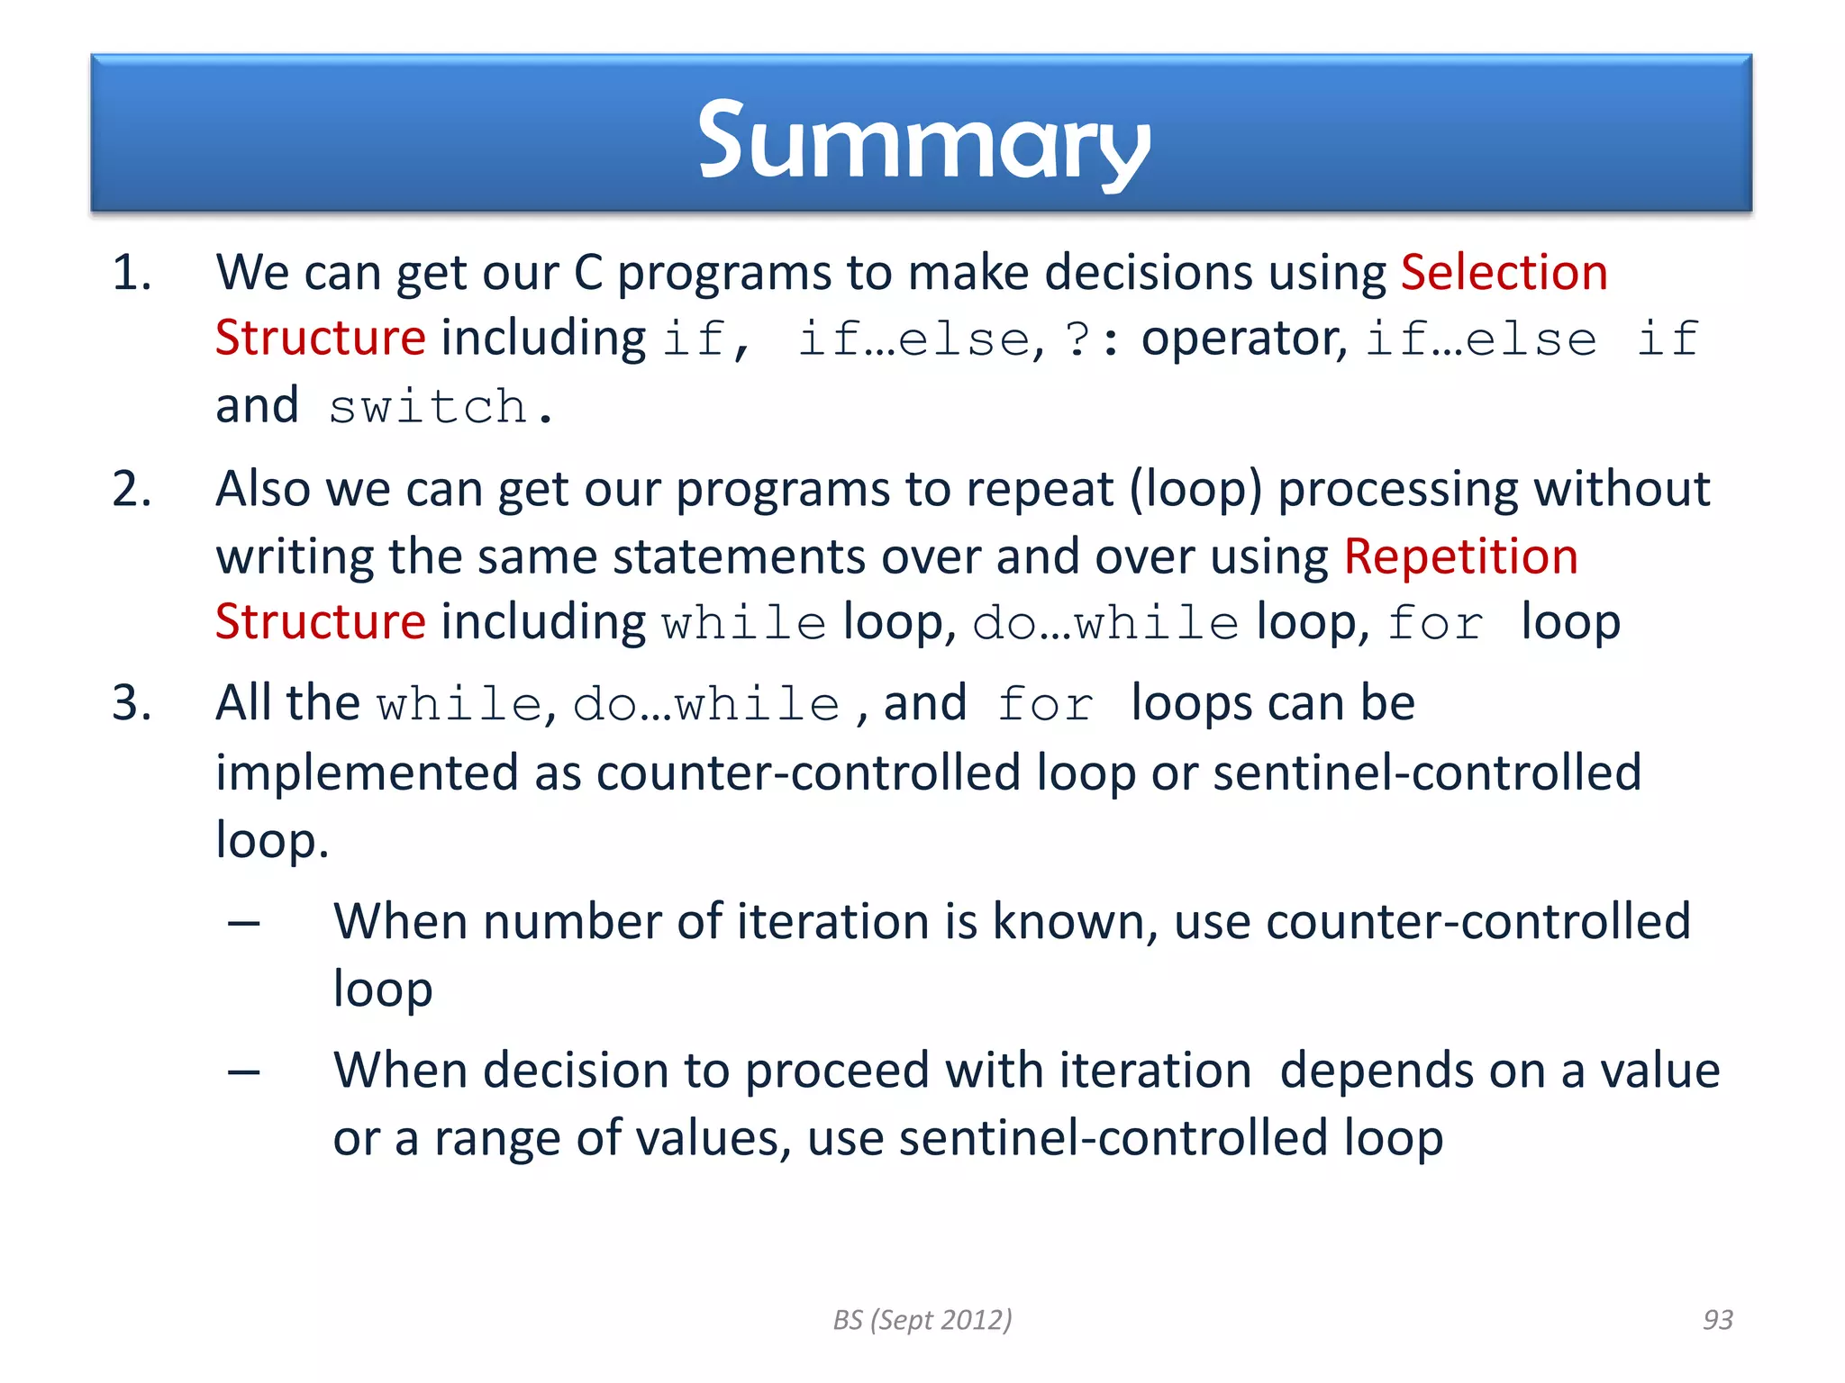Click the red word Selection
(1504, 272)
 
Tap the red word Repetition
(1460, 556)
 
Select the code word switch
(429, 407)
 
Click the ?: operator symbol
(1091, 339)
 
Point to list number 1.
(132, 272)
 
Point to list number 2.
(132, 489)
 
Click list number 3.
(132, 702)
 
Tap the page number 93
(1717, 1319)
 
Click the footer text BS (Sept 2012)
(922, 1319)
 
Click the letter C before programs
(587, 272)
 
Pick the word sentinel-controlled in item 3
(1426, 773)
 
